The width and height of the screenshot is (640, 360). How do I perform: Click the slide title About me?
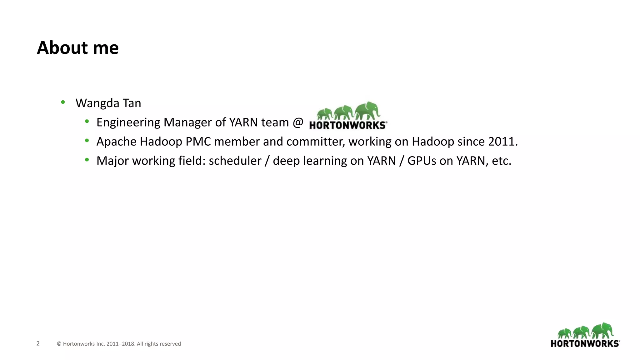(x=78, y=48)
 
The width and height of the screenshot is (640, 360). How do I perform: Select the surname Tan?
(x=132, y=103)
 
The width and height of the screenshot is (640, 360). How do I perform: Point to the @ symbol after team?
(x=298, y=122)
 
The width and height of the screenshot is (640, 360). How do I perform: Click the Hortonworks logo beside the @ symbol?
(x=348, y=116)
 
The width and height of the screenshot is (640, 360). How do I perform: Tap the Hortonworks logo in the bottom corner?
(x=585, y=335)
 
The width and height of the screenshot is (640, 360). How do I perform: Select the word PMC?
(x=198, y=142)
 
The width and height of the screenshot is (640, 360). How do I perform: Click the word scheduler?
(x=235, y=161)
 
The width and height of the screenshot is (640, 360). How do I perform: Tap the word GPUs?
(x=422, y=161)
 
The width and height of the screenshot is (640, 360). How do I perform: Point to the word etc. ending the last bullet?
(x=502, y=161)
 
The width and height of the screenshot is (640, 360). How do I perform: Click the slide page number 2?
(x=38, y=343)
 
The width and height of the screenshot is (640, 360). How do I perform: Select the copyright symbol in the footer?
(x=59, y=344)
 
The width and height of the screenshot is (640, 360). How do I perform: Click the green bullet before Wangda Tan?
(x=63, y=102)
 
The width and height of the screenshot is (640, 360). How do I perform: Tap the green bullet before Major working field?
(x=87, y=160)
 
